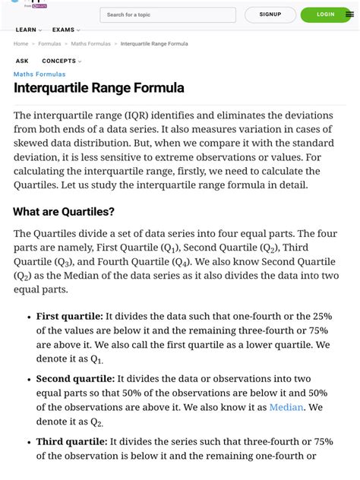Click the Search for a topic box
pos(167,14)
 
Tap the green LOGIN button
pos(325,14)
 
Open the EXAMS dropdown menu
pos(66,30)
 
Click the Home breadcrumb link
pos(21,44)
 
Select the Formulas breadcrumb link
pos(49,44)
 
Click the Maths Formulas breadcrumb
pos(90,44)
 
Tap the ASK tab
pos(22,61)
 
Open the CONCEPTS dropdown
pos(62,61)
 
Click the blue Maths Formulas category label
pos(39,74)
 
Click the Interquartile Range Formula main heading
pos(99,88)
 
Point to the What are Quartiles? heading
pos(64,212)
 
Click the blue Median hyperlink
pos(286,407)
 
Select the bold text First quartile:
pos(69,316)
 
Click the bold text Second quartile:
pos(75,378)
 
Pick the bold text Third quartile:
pos(71,441)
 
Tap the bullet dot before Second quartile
pos(27,378)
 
